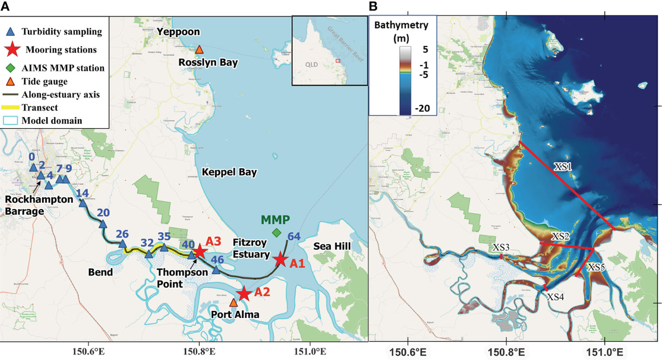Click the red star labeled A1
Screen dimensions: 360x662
click(281, 259)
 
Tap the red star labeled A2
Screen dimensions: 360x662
click(243, 294)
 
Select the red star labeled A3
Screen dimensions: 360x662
click(200, 251)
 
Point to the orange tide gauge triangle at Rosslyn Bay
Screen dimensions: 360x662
click(199, 49)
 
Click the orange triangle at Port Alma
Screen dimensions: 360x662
click(233, 303)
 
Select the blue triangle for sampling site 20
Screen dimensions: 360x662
click(103, 224)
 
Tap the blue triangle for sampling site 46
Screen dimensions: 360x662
click(216, 270)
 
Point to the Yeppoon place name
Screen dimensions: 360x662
click(178, 31)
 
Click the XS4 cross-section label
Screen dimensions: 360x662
click(556, 297)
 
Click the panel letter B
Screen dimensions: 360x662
click(373, 7)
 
